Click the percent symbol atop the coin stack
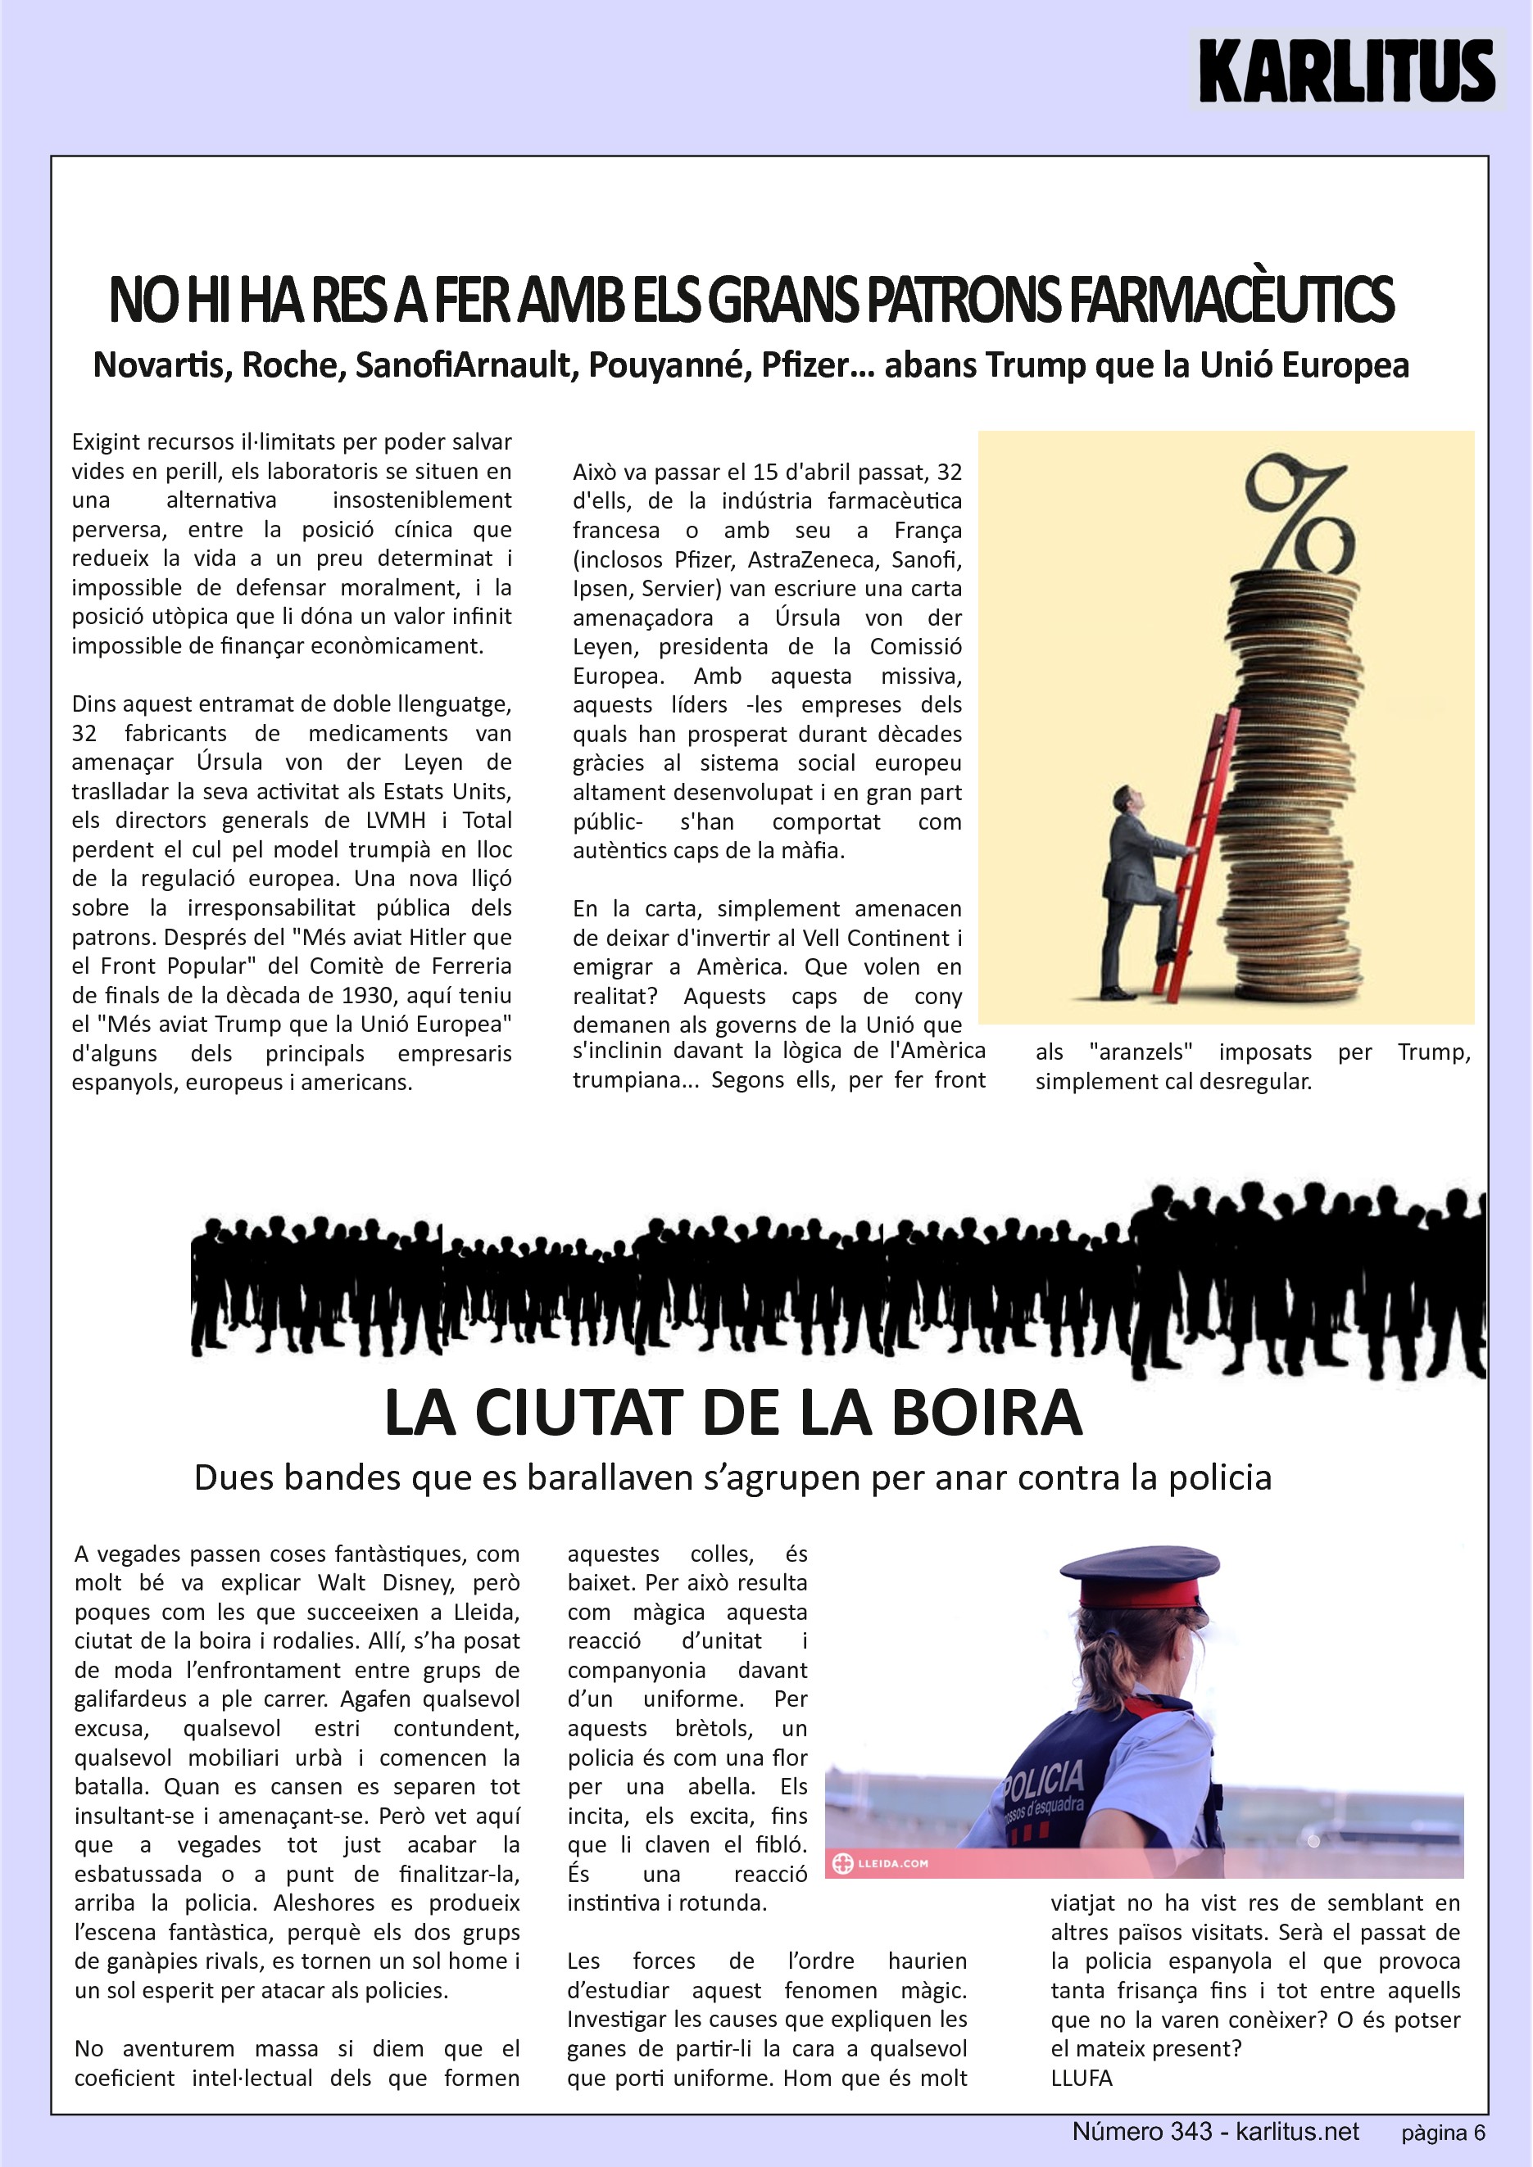pos(1299,514)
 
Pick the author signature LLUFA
pos(1081,2078)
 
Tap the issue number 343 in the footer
pos(1191,2131)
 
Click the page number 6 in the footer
pos(1479,2133)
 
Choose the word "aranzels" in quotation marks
pos(1141,1052)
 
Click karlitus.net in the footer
pos(1297,2131)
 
